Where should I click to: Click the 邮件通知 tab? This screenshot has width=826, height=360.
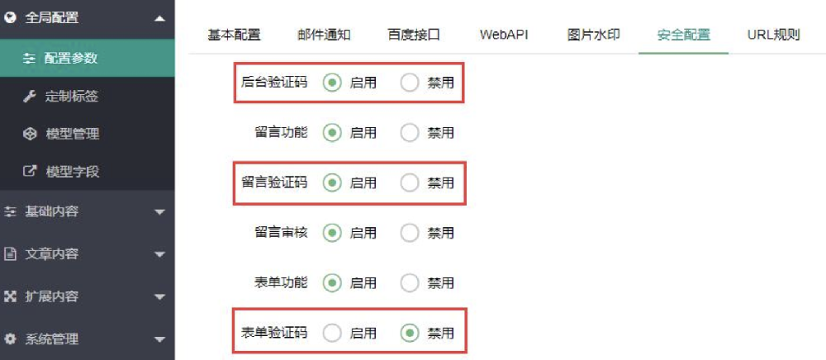(x=324, y=36)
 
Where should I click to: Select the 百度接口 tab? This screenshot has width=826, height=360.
(x=414, y=36)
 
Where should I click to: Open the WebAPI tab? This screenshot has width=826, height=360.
(x=504, y=36)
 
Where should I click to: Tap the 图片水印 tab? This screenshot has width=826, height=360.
(x=593, y=36)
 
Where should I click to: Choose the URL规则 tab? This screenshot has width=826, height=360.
(x=773, y=36)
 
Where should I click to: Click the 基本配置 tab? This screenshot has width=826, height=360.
(x=234, y=36)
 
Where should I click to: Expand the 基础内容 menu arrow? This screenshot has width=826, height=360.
(x=159, y=212)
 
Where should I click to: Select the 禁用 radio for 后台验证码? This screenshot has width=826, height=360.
(x=410, y=83)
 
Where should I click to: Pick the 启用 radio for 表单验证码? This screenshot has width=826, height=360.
(x=332, y=333)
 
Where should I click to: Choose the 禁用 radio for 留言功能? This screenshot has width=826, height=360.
(x=410, y=133)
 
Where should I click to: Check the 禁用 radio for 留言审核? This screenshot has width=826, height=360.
(x=410, y=233)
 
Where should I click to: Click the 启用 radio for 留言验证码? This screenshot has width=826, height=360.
(x=332, y=182)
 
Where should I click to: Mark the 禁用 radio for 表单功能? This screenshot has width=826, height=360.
(x=410, y=282)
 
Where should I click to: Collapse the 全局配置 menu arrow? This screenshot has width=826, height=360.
(x=159, y=18)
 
